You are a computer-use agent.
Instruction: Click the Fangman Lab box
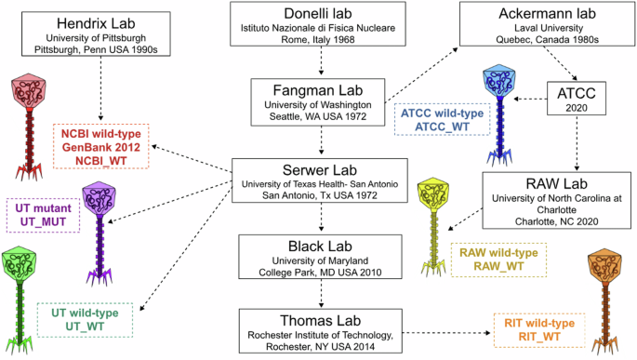[320, 101]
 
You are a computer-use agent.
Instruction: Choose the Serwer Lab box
[321, 182]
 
